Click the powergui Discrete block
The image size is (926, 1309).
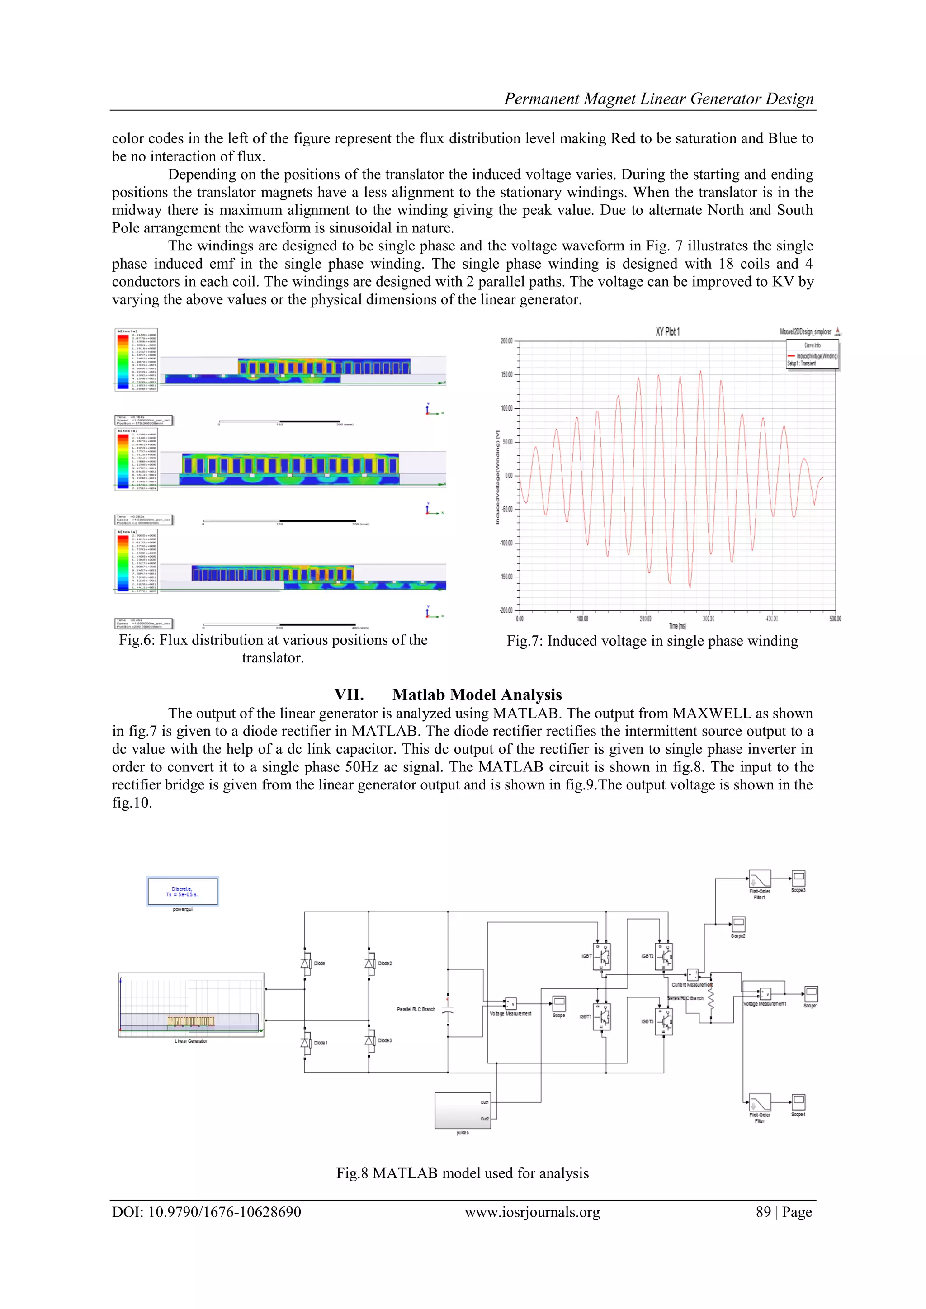183,891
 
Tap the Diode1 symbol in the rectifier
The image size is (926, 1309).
306,1042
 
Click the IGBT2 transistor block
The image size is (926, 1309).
664,956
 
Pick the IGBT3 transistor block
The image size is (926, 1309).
664,1021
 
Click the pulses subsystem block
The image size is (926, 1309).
463,1110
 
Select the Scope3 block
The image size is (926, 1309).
798,878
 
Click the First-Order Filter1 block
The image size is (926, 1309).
760,879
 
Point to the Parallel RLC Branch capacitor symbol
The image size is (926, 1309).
448,1009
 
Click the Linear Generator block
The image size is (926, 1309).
191,1005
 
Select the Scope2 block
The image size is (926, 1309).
738,924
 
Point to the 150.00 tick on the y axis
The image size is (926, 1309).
506,374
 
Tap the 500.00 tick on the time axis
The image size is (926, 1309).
835,619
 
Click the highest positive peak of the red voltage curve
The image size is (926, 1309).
700,372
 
